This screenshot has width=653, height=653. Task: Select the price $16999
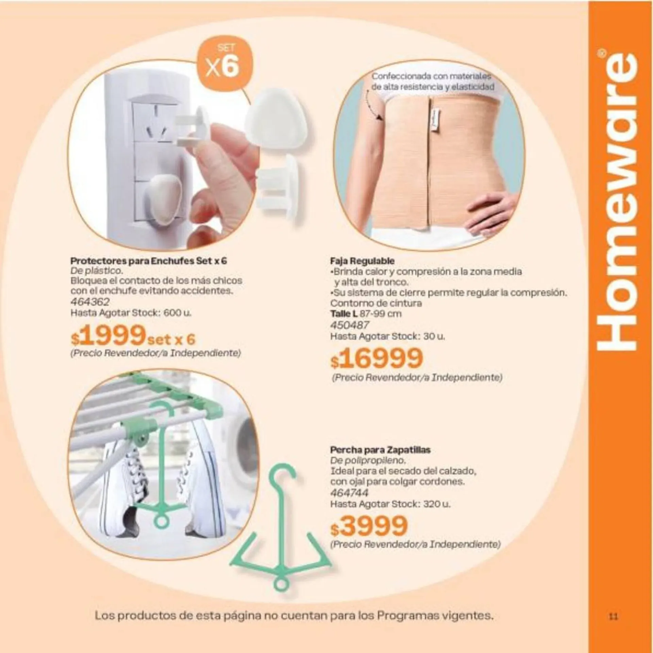tap(377, 358)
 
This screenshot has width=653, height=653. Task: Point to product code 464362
tap(90, 302)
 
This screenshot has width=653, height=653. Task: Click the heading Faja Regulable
tap(362, 262)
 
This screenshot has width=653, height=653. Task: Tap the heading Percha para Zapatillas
tap(380, 450)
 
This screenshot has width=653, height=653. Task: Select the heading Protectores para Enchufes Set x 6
tap(149, 261)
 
